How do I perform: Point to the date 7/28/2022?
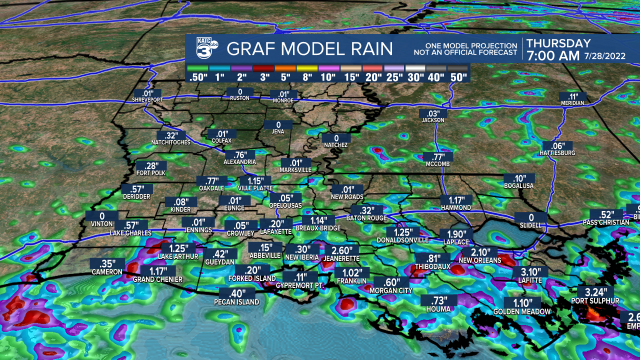[604, 56]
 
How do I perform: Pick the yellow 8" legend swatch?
[307, 68]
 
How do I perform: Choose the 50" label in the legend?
[458, 77]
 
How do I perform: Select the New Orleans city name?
[480, 260]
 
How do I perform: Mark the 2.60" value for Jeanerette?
[341, 250]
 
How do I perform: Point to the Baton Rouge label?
[367, 218]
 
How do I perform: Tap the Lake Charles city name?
[130, 233]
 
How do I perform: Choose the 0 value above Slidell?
[531, 217]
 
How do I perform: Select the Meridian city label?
[572, 103]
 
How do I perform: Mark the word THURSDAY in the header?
[558, 43]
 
